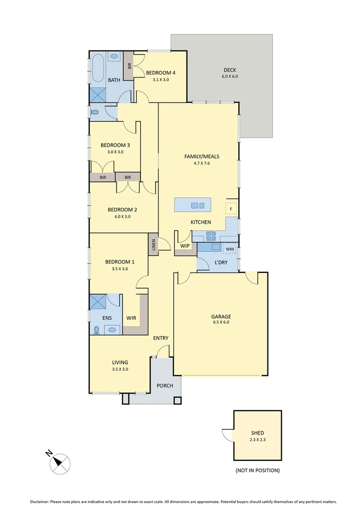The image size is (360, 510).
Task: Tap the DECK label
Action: (230, 70)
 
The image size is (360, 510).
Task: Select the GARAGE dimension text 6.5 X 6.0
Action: (221, 323)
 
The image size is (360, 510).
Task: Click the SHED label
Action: (258, 433)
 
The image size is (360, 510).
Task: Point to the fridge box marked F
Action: (231, 208)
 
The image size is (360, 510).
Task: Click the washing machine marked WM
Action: (230, 248)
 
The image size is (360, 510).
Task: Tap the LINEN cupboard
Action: (153, 244)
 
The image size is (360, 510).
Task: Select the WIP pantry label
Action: (184, 246)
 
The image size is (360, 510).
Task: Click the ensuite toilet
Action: (97, 330)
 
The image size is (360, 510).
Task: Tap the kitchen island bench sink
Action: (198, 205)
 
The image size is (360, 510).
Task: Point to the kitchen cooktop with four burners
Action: (211, 236)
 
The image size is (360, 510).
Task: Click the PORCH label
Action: (165, 386)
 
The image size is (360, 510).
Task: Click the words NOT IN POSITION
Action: (258, 470)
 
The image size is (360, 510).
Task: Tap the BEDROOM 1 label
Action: (120, 262)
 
